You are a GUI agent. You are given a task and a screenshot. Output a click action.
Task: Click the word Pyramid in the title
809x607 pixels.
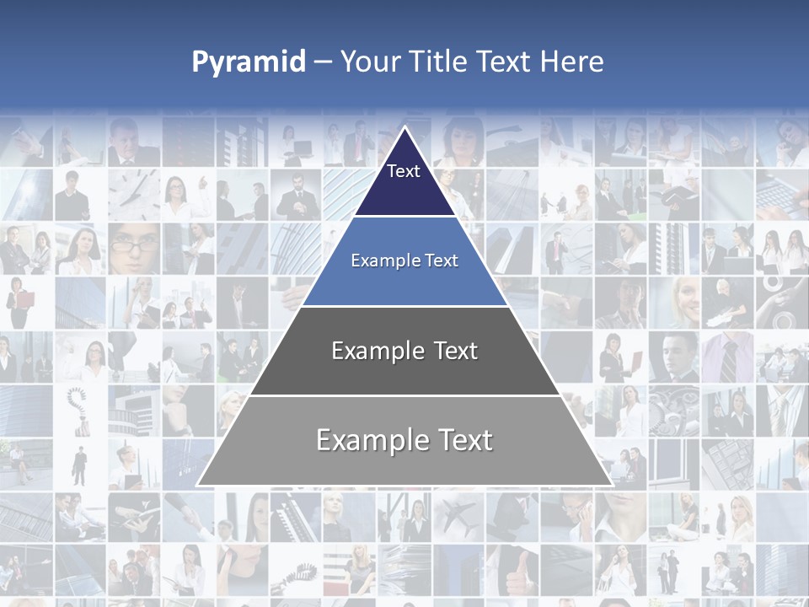(x=248, y=62)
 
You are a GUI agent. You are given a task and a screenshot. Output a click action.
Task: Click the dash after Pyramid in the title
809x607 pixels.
(x=323, y=62)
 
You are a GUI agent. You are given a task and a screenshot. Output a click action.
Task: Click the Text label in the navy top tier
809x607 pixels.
(x=404, y=171)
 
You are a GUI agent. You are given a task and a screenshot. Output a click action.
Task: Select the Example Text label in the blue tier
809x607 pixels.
(x=404, y=261)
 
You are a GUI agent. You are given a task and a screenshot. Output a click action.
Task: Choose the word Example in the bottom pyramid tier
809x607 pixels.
(x=369, y=440)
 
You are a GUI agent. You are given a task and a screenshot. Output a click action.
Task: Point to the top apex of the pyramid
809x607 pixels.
(x=404, y=127)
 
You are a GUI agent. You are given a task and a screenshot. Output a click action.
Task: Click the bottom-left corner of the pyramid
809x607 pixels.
(x=198, y=485)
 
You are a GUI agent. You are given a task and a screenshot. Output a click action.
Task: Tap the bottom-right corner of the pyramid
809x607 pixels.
(x=611, y=485)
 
